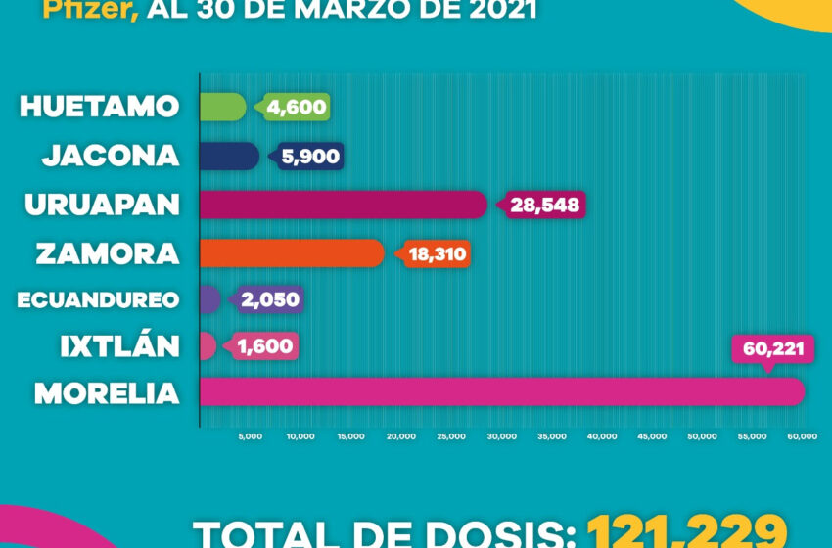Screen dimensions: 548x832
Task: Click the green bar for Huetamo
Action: point(222,107)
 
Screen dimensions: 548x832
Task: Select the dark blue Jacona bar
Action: point(229,156)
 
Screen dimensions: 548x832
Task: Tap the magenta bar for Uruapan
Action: point(343,205)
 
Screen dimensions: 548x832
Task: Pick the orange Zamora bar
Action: point(291,252)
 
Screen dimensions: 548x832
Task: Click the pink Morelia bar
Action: point(501,391)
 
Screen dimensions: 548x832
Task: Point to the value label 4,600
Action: point(297,107)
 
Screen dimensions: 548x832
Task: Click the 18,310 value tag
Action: point(437,253)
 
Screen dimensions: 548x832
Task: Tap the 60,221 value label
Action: point(773,349)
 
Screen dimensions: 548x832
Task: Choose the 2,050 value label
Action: point(270,299)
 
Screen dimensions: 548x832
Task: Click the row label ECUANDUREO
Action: point(98,299)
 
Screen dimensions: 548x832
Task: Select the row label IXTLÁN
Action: point(118,346)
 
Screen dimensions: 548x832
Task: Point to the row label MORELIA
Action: point(107,393)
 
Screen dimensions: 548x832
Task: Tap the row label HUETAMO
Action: point(100,107)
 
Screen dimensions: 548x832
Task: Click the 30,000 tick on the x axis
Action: point(501,436)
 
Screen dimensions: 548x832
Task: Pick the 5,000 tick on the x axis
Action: point(250,436)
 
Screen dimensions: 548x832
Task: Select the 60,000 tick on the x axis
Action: point(803,436)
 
